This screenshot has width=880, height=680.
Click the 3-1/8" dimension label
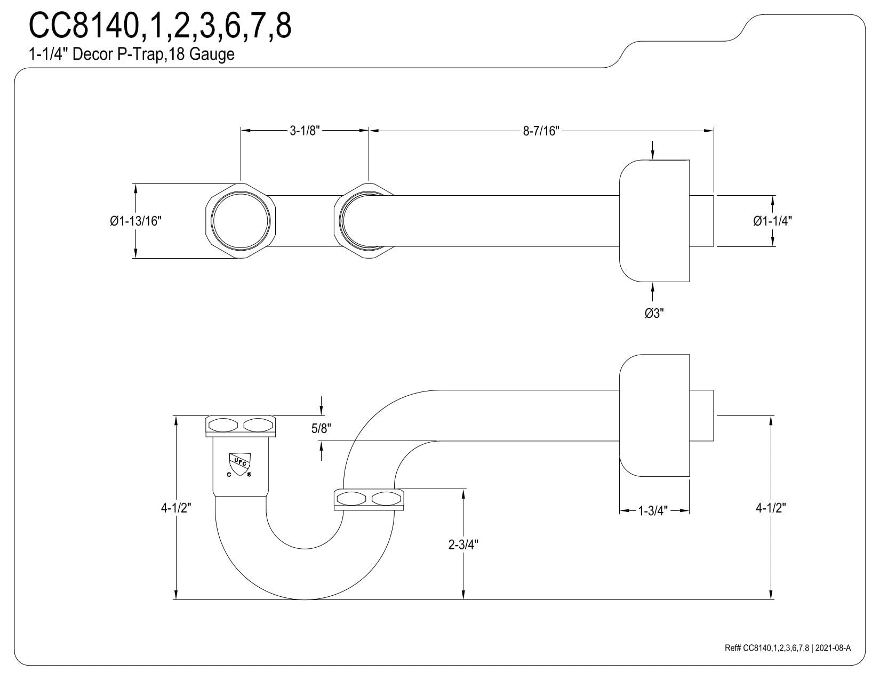304,131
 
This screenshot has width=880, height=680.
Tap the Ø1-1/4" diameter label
772,221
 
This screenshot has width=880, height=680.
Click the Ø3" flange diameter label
654,314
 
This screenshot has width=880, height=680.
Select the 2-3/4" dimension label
463,545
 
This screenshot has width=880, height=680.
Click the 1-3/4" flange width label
653,511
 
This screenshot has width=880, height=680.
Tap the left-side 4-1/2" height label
176,508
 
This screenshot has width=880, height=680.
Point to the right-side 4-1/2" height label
771,508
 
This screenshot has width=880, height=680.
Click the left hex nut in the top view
241,221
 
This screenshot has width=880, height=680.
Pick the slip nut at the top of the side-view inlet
241,425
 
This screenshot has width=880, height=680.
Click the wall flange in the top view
654,221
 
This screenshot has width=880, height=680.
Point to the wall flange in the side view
654,415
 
